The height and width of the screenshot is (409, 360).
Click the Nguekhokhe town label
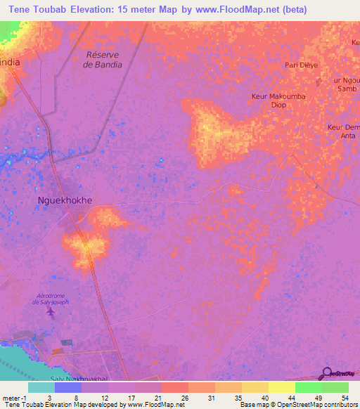64,200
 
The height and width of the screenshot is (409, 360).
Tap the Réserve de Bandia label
103,60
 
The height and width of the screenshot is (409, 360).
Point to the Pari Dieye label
301,65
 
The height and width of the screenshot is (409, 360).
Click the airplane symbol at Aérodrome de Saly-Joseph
49,310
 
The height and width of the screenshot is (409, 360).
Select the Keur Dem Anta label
344,131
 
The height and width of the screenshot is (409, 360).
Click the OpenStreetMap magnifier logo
328,373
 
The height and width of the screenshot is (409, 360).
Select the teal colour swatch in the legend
41,387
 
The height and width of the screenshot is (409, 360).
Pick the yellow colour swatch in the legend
281,387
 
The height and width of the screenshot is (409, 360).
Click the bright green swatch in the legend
308,387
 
